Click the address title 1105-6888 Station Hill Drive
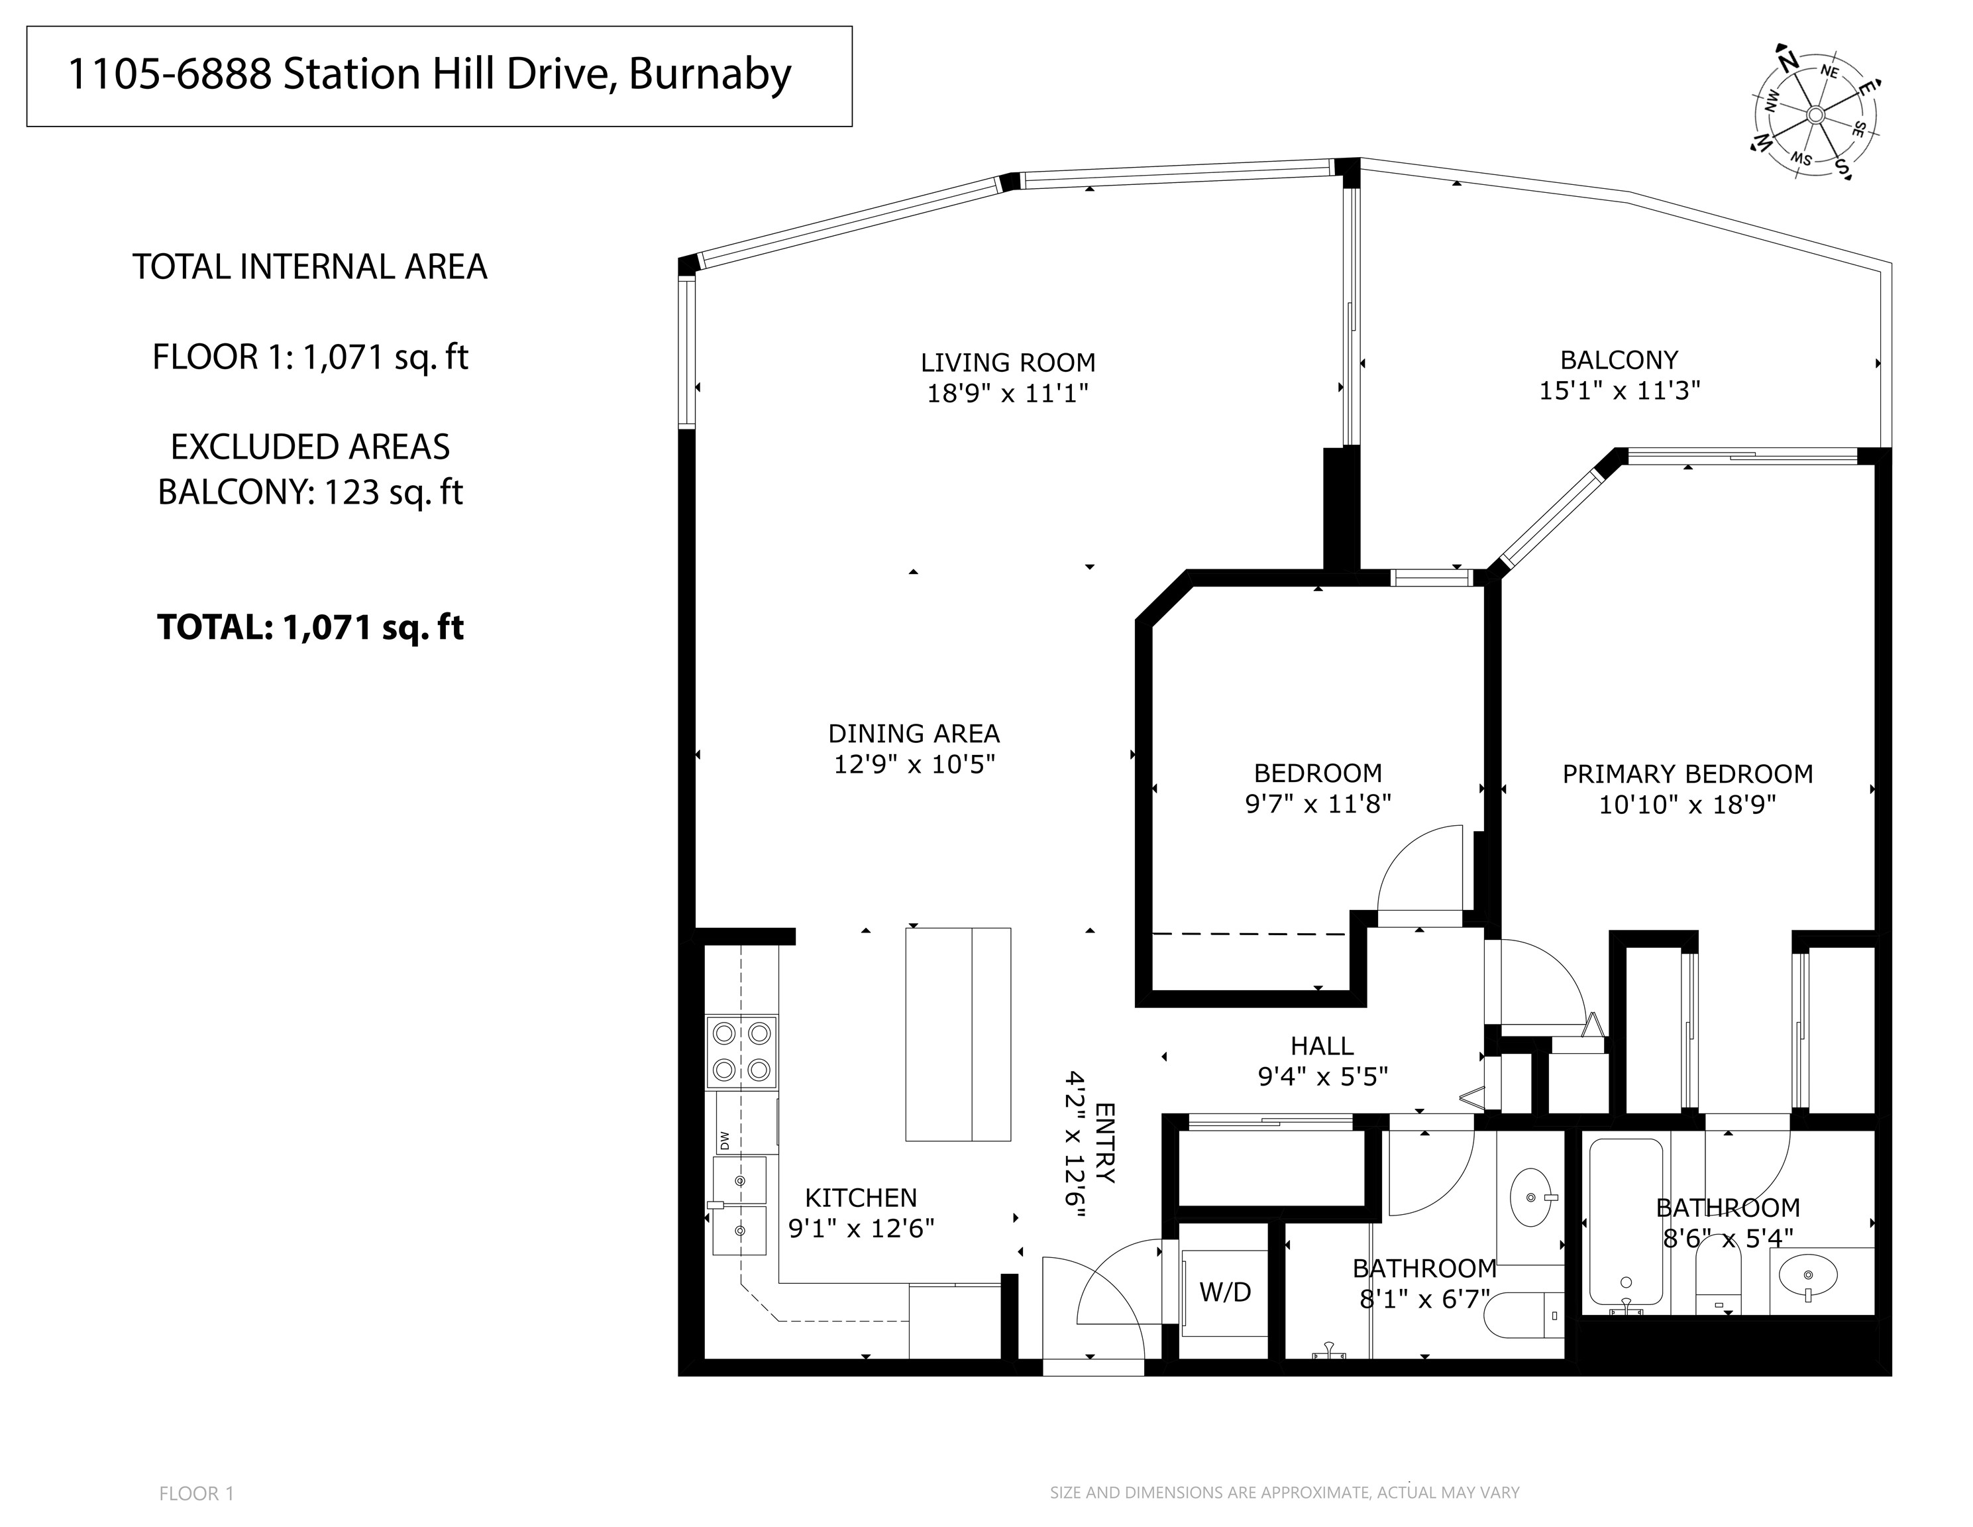(x=430, y=74)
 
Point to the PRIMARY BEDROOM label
(x=1687, y=774)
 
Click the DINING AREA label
(x=914, y=734)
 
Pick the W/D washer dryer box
(x=1225, y=1293)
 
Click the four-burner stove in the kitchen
(x=741, y=1052)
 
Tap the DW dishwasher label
(x=725, y=1141)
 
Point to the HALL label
(x=1322, y=1046)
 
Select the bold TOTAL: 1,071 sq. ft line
(x=310, y=627)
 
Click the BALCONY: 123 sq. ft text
(x=310, y=492)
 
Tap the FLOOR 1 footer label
(x=196, y=1494)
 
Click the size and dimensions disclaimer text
(x=1284, y=1493)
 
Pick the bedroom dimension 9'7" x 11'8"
(x=1317, y=804)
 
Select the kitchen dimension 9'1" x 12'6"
(x=861, y=1229)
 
